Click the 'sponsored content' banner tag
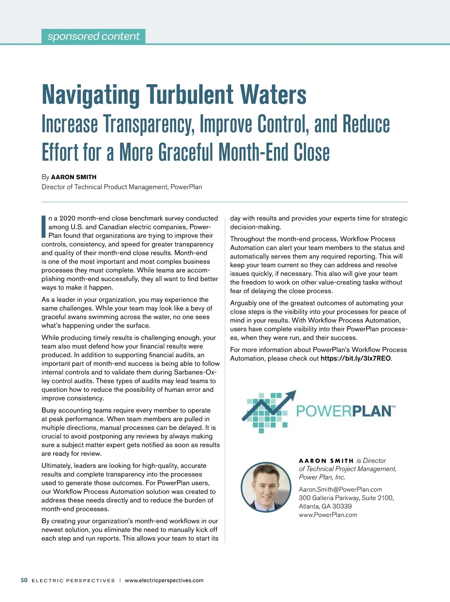tap(93, 36)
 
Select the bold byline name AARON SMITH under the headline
tap(73, 177)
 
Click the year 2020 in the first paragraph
tap(67, 218)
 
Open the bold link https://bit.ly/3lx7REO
tap(355, 358)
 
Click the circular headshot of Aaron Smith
tap(266, 487)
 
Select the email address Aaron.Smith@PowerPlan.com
tap(340, 489)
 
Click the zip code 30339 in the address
tap(342, 506)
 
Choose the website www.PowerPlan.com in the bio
tap(328, 515)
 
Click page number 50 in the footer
tap(24, 580)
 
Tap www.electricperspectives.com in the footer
tap(164, 580)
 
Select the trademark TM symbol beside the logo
tap(393, 406)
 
